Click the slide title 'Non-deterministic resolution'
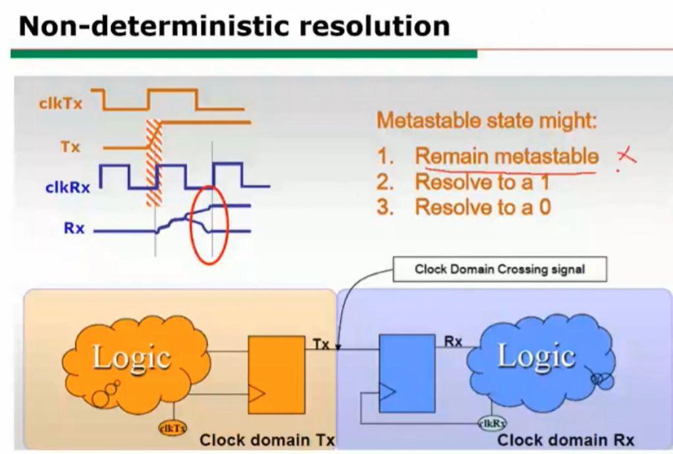point(234,26)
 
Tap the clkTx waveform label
point(61,103)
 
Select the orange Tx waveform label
point(70,147)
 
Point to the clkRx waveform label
point(68,188)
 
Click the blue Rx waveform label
point(74,228)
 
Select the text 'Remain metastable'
point(506,156)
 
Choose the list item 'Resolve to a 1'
point(463,182)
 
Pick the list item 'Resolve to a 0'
point(464,207)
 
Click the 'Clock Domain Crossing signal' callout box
point(500,270)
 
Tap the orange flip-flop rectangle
point(277,375)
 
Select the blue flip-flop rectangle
point(407,373)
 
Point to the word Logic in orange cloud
point(132,357)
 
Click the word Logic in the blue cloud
point(536,356)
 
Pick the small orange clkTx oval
point(173,428)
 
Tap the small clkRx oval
point(493,424)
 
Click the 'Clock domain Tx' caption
point(267,440)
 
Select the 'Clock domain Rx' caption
point(566,440)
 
